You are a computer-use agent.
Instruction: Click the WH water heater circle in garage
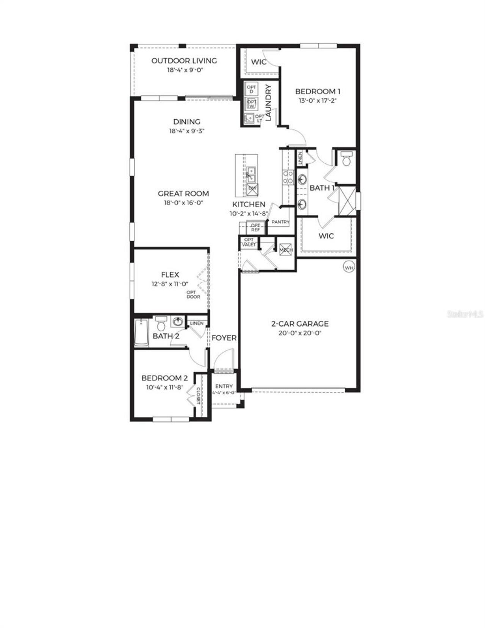(349, 267)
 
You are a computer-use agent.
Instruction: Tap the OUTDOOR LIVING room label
(184, 61)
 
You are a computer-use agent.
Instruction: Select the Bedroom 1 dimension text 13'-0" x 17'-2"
(318, 101)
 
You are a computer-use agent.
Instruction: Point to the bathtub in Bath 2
(141, 333)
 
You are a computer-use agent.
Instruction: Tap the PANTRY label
(280, 222)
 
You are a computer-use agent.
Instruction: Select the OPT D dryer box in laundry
(251, 89)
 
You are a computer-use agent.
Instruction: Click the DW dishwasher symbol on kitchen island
(252, 189)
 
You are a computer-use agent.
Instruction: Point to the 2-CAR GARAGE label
(300, 324)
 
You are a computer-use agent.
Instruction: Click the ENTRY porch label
(224, 386)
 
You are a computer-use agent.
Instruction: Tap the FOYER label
(224, 338)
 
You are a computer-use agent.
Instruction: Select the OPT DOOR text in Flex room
(193, 294)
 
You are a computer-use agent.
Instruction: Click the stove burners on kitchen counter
(288, 177)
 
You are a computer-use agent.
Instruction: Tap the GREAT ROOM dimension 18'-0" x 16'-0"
(183, 203)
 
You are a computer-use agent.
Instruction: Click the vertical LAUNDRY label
(269, 103)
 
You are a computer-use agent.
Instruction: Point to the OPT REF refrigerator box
(255, 228)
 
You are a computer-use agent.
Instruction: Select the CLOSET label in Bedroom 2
(198, 396)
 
